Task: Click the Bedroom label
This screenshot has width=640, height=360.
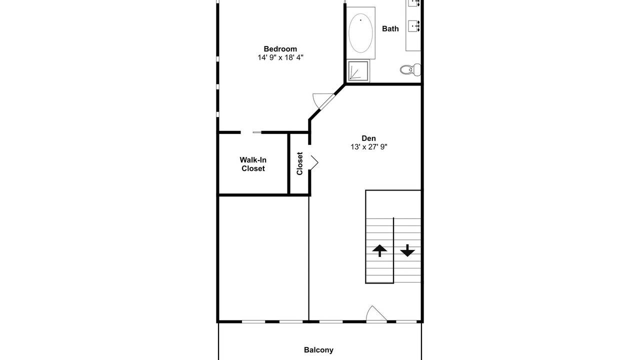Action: (x=280, y=49)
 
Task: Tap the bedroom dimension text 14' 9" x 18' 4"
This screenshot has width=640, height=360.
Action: (x=280, y=57)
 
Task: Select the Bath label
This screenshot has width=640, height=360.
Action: (x=390, y=28)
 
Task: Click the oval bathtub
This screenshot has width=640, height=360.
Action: (x=360, y=33)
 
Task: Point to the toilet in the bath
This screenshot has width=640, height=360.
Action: (x=410, y=69)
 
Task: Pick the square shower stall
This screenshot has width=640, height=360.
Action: (x=358, y=71)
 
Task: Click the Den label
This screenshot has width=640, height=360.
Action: (x=368, y=138)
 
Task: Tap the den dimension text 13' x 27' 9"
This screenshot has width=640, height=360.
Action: (x=369, y=147)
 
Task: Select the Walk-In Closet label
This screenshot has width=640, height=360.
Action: (x=253, y=164)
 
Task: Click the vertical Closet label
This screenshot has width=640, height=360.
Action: (x=299, y=163)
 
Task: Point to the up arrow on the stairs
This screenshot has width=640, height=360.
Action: (x=379, y=250)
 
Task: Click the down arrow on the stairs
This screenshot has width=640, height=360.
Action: (x=407, y=250)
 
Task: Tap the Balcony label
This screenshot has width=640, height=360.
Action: (x=318, y=350)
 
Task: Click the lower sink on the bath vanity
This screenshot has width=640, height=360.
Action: (x=413, y=26)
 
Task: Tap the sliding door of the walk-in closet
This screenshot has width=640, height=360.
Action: (x=257, y=132)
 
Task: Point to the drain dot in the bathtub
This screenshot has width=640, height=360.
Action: (x=360, y=20)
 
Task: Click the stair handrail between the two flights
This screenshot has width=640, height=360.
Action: (x=393, y=250)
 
